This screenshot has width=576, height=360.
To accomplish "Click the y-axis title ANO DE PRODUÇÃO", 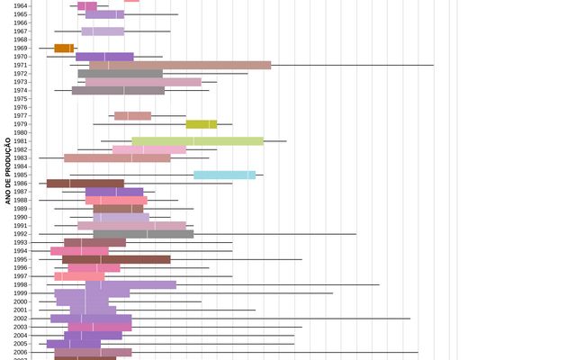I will click(8, 171).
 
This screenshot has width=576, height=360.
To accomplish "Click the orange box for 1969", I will click(64, 49).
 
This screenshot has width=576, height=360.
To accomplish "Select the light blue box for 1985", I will click(224, 175).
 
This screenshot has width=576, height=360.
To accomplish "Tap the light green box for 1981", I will click(197, 141).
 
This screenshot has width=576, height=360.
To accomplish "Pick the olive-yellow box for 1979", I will click(202, 124).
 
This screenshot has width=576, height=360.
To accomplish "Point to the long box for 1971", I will click(180, 65).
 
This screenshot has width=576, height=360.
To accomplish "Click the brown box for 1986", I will click(85, 184).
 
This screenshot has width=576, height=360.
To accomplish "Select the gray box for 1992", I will click(143, 234).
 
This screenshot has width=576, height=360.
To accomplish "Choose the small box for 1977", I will click(132, 116).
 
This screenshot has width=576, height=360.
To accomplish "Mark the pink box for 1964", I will click(87, 6).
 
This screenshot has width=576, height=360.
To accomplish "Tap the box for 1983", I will click(117, 158).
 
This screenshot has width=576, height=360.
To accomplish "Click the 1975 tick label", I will click(21, 99).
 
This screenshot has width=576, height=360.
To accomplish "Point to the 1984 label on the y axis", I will click(21, 166).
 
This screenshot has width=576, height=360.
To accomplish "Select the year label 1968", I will click(21, 40).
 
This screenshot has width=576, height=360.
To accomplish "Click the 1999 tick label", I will click(21, 293).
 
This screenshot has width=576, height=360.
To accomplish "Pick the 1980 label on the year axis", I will click(21, 132).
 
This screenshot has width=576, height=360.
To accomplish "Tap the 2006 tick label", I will click(21, 353).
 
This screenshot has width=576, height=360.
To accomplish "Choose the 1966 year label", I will click(21, 23).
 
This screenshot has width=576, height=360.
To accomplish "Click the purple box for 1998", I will click(130, 285).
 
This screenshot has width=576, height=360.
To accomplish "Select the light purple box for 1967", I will click(103, 31).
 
